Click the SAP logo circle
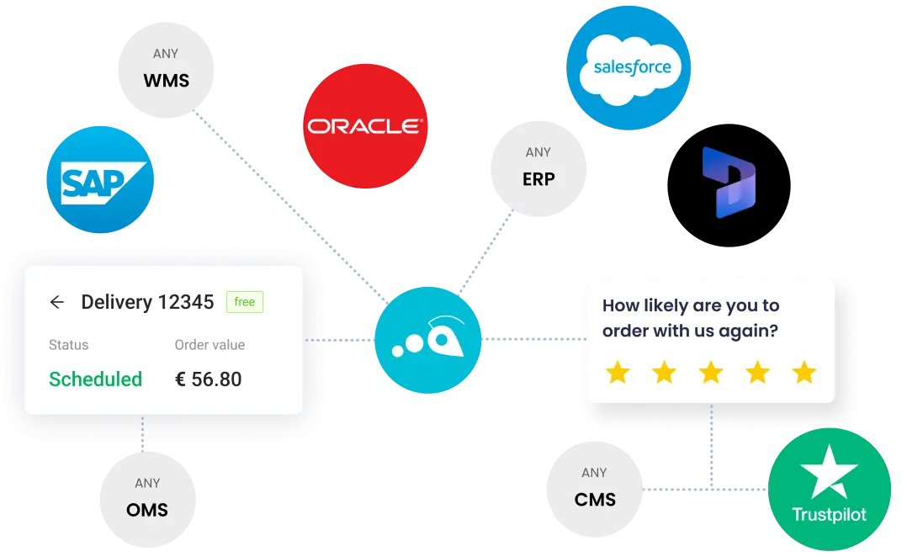100,180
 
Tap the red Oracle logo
365,126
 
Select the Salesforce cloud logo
629,67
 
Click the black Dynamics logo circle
729,185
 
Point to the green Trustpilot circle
830,490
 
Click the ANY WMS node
166,70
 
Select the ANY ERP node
538,169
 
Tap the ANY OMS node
147,500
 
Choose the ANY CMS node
595,490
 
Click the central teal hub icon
428,340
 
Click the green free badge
245,302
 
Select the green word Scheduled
95,379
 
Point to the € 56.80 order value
209,379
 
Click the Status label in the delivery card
69,345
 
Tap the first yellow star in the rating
618,373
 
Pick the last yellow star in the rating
804,373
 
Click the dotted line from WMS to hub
290,207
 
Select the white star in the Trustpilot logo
829,472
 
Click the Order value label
210,345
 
